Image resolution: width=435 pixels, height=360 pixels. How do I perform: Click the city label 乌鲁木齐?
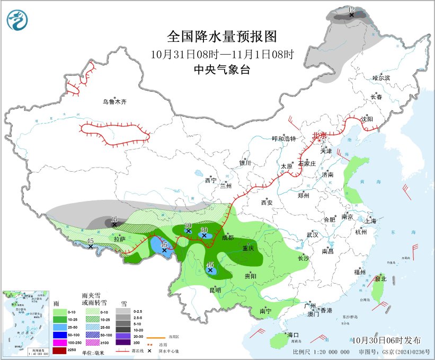coord(115,101)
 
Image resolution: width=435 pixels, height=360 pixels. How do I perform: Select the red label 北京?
coord(320,136)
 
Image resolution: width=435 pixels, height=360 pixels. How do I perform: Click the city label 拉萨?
coord(120,239)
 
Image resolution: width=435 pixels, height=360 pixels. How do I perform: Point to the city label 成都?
coord(227,238)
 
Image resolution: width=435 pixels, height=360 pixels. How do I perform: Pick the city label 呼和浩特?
coord(284,139)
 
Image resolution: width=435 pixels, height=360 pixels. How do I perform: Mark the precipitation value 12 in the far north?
coord(351,10)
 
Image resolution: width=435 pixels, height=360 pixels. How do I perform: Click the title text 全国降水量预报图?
coord(222,37)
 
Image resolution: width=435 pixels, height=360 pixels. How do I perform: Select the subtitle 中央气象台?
coord(221,69)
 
